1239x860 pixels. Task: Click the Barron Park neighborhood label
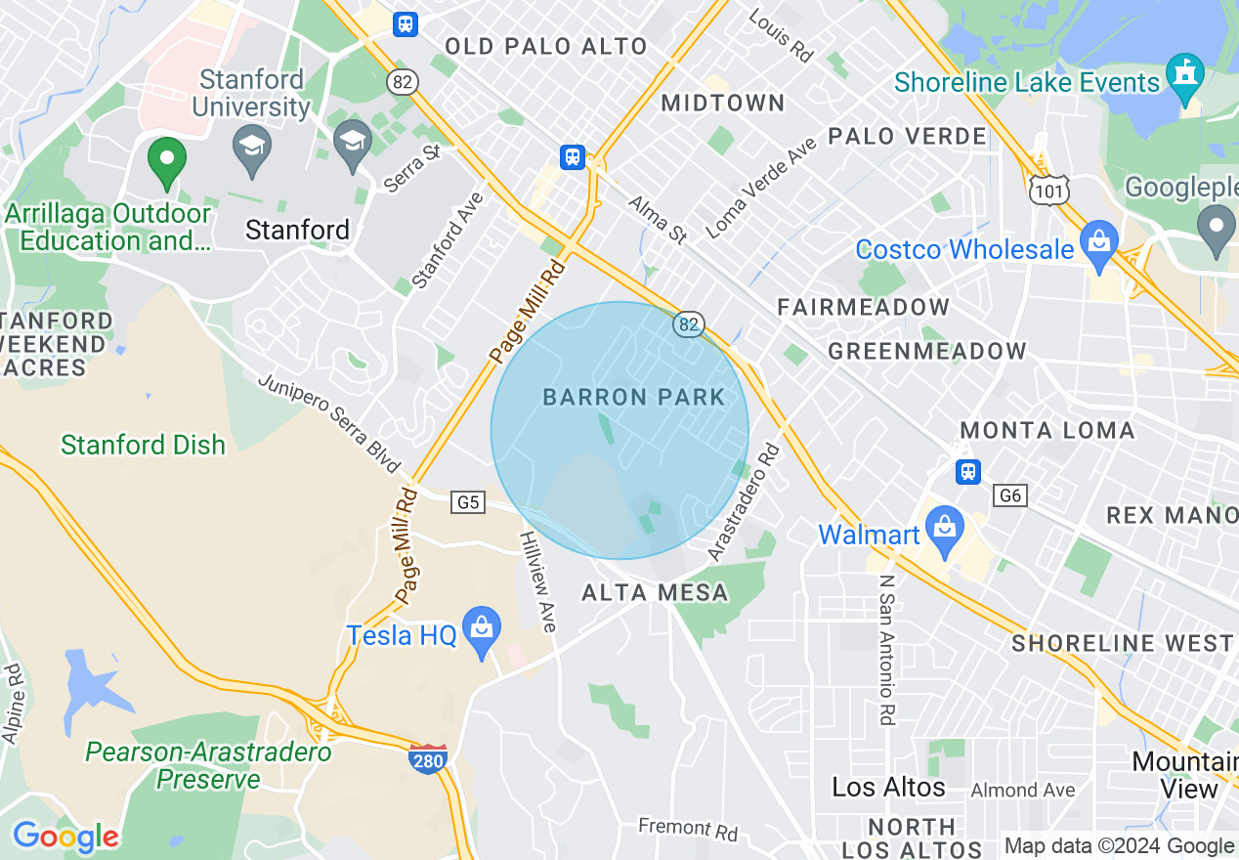pos(634,397)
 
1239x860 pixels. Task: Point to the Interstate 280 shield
pos(428,759)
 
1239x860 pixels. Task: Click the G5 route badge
pos(468,502)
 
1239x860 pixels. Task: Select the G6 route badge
pos(1010,495)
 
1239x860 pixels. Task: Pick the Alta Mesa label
pos(655,592)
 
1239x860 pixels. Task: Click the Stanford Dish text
pos(143,445)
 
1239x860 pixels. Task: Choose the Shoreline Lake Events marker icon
pos(1185,77)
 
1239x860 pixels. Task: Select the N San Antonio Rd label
pos(886,650)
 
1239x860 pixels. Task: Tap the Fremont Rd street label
pos(688,830)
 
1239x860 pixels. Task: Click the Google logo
pos(65,837)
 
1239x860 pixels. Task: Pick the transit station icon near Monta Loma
pos(967,471)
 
